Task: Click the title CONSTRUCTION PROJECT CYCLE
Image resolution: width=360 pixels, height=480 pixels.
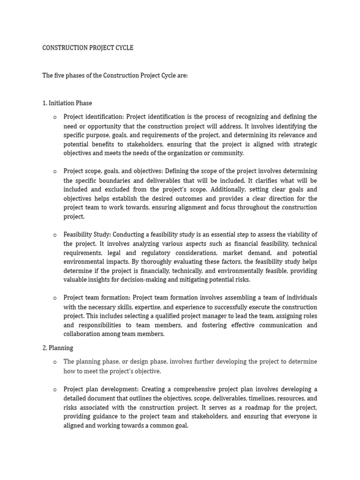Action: point(88,48)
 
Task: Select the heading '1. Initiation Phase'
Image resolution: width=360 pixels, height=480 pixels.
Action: point(67,103)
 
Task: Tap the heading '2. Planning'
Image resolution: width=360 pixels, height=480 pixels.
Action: point(58,348)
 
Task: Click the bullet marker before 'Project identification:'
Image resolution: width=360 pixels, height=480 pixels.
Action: point(55,117)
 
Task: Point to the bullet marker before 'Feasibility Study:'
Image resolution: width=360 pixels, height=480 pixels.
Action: point(55,235)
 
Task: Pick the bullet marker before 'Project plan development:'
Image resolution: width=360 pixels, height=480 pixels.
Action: point(55,390)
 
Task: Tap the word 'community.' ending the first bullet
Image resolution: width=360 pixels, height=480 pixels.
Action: point(228,153)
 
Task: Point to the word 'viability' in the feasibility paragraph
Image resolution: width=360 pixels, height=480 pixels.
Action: point(295,234)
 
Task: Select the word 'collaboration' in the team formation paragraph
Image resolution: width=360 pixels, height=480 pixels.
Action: point(82,334)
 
